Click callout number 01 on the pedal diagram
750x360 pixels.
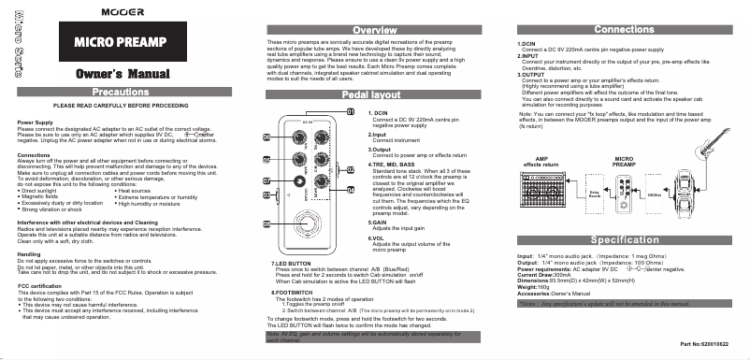[x=351, y=112]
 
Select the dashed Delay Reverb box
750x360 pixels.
[x=593, y=196]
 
